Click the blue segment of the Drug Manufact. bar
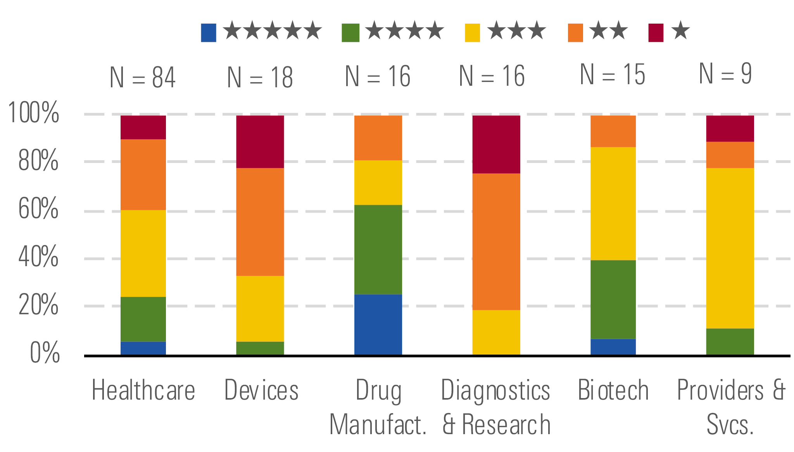tap(378, 324)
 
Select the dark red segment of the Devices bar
tap(260, 142)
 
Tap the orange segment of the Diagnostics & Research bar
tap(496, 241)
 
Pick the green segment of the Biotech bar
tap(613, 299)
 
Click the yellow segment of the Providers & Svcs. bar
tap(730, 248)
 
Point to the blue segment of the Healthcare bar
tap(143, 348)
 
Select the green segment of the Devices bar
tap(260, 348)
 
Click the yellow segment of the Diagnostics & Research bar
tap(496, 332)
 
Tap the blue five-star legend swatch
tap(208, 33)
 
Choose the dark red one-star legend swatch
tap(656, 33)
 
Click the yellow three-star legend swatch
tap(472, 33)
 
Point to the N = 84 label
tap(142, 78)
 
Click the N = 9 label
tap(725, 74)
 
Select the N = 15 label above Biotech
tap(612, 74)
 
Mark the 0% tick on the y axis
tap(45, 353)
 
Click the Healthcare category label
tap(143, 390)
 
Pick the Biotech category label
tap(613, 390)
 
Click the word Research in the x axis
tap(506, 425)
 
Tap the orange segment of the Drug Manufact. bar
tap(378, 138)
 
